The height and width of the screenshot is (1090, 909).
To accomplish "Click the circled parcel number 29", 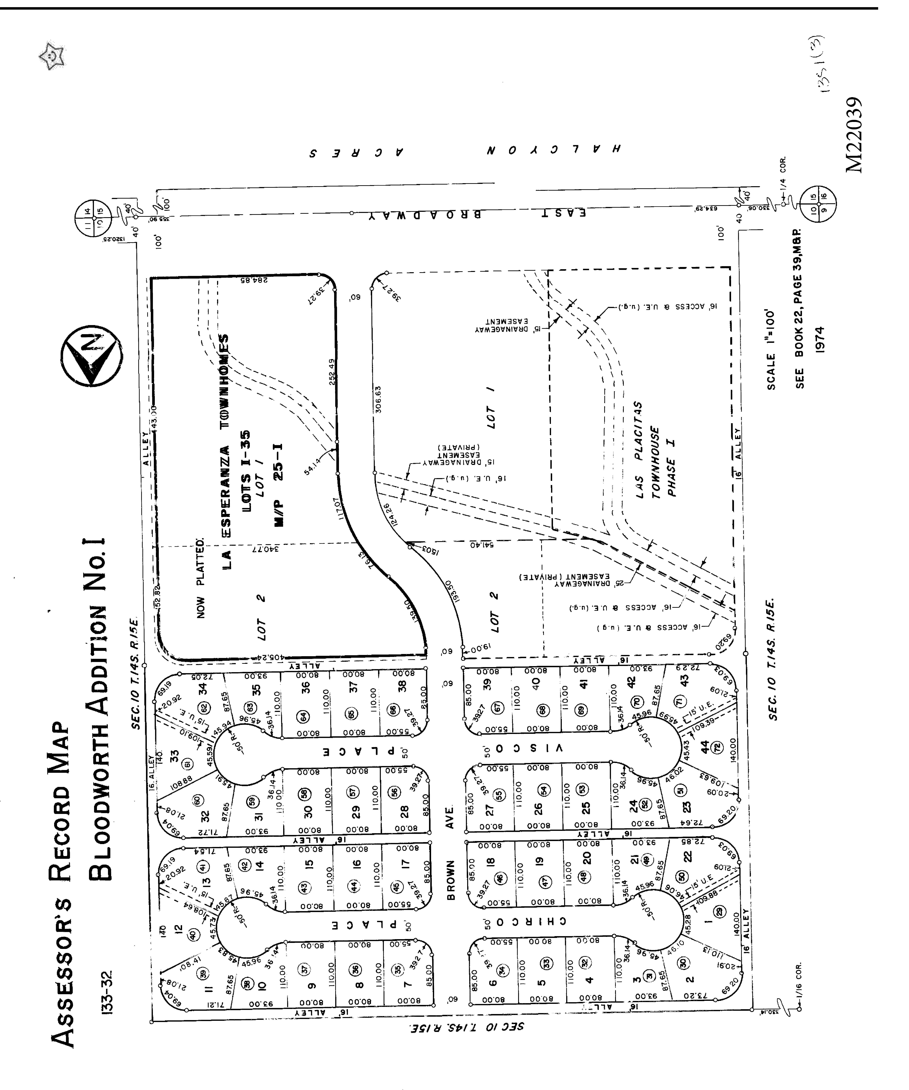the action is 719,927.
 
